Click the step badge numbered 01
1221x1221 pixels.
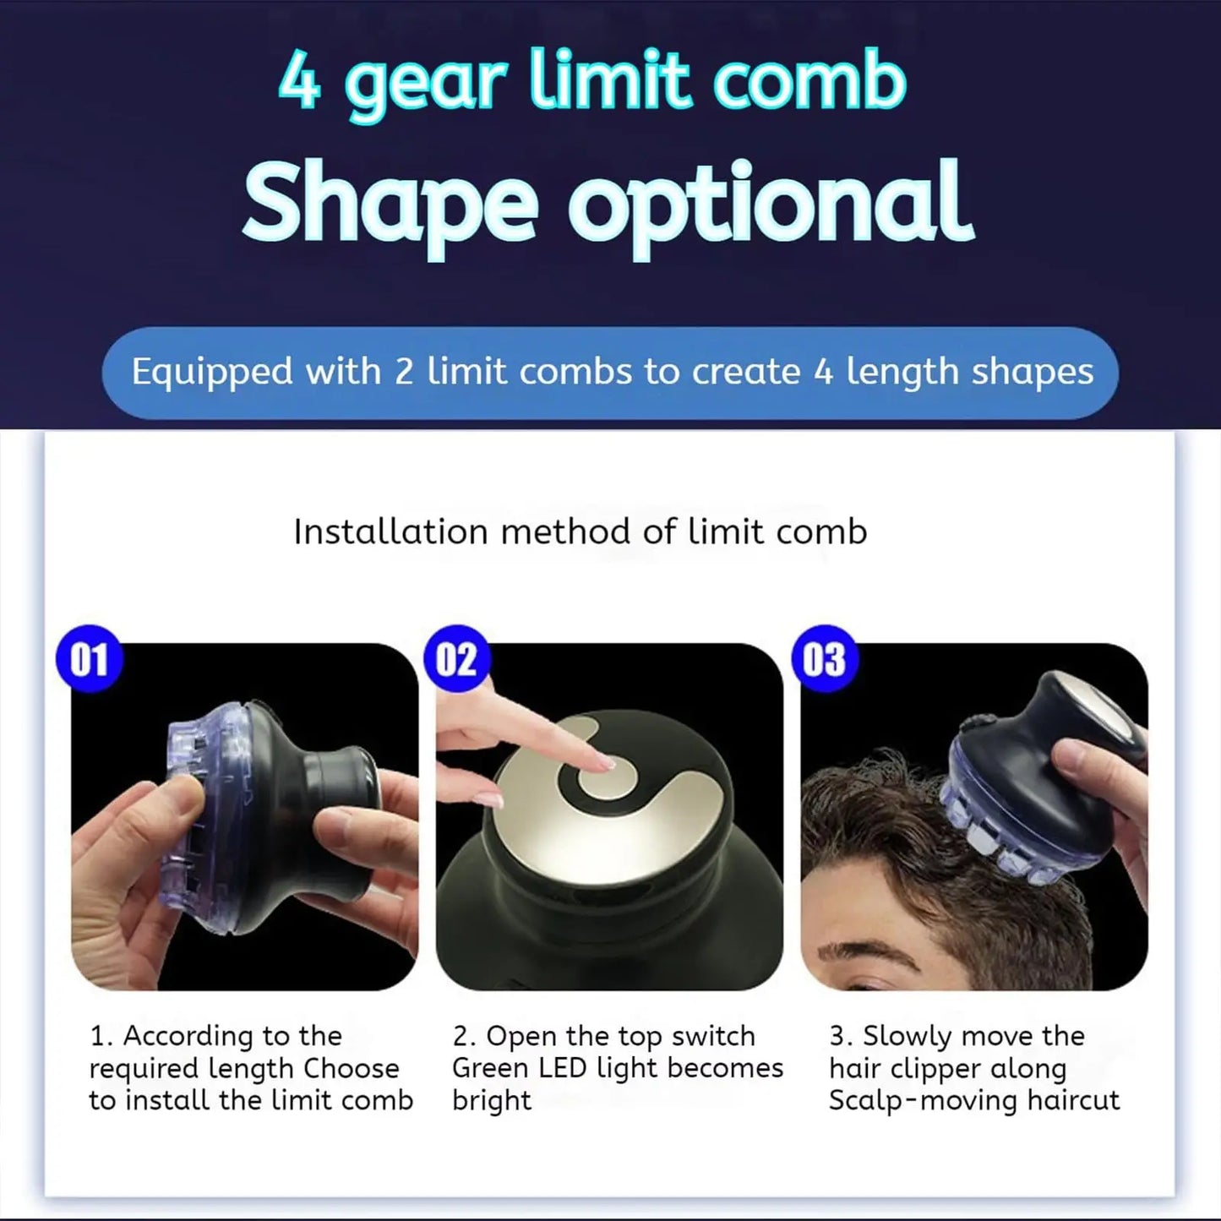(x=90, y=659)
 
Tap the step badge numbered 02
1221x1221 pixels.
(x=457, y=659)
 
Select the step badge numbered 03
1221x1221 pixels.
(x=825, y=659)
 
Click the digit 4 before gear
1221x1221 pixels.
(x=299, y=82)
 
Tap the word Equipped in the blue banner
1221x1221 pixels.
(x=212, y=373)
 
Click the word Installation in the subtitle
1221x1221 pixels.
(x=390, y=532)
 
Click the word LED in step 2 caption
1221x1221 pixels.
(x=563, y=1069)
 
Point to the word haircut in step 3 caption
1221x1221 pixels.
(x=1073, y=1101)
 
